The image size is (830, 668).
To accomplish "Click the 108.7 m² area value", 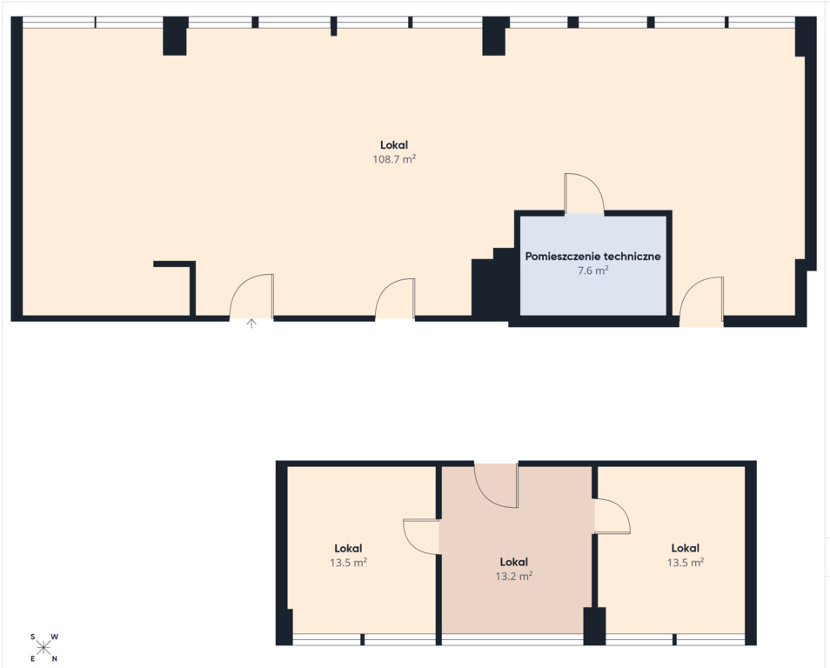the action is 394,159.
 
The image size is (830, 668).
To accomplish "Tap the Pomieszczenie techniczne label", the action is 592,257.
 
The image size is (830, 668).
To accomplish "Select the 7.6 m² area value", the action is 592,271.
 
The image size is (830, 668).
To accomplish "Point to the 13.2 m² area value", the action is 513,576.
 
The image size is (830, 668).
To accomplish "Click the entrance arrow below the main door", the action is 251,324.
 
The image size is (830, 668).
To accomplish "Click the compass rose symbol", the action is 44,647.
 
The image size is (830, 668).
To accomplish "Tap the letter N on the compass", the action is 54,659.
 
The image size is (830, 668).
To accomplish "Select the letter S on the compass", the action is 33,637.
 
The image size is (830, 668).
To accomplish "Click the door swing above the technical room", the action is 585,193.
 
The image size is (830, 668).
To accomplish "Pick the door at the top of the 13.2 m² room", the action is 496,485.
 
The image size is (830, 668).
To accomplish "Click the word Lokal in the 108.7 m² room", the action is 394,144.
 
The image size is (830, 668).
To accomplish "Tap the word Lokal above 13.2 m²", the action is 513,562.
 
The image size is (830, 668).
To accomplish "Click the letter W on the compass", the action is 55,637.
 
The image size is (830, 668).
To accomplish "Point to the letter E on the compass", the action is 33,659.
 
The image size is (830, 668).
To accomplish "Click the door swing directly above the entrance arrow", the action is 251,297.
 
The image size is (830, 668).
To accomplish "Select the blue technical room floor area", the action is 592,265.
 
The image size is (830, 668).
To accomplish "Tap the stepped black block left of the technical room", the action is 492,284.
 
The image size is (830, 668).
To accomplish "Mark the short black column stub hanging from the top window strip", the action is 333,26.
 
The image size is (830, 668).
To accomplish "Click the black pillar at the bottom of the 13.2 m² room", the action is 594,626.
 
